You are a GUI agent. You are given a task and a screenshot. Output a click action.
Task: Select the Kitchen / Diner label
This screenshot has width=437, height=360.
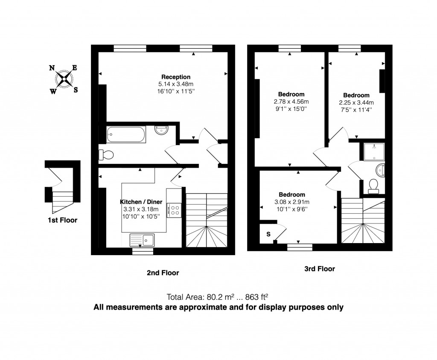pyautogui.click(x=140, y=202)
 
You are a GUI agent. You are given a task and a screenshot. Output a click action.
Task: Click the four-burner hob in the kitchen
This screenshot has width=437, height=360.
pyautogui.click(x=174, y=209)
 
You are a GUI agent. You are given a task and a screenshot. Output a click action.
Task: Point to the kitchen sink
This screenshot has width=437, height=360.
pyautogui.click(x=143, y=240)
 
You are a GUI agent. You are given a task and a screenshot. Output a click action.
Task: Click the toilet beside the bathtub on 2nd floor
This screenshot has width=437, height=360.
pyautogui.click(x=106, y=155)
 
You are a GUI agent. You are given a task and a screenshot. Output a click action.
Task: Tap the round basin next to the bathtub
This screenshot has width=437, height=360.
pyautogui.click(x=162, y=130)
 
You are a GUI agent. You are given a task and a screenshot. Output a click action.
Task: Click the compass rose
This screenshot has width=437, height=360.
pyautogui.click(x=64, y=79)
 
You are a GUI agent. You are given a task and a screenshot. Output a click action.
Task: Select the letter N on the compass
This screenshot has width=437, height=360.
pyautogui.click(x=52, y=68)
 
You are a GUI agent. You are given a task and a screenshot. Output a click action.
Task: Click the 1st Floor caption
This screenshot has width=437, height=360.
pyautogui.click(x=62, y=221)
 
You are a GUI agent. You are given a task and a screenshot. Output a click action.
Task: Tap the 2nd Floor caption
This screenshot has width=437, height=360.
pyautogui.click(x=163, y=273)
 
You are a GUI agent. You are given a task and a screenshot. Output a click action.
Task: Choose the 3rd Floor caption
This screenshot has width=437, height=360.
pyautogui.click(x=319, y=269)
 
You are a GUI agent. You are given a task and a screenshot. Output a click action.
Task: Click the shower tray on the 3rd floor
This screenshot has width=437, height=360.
pyautogui.click(x=374, y=151)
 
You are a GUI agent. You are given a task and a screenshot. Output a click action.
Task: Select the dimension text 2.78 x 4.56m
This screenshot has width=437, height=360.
pyautogui.click(x=291, y=102)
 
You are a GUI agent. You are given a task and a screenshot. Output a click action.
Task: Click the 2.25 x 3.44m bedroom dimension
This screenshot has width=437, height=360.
pyautogui.click(x=356, y=102)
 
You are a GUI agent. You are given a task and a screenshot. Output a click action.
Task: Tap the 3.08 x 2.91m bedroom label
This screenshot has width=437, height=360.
pyautogui.click(x=292, y=202)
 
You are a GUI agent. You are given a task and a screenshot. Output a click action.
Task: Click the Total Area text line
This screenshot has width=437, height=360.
pyautogui.click(x=218, y=297)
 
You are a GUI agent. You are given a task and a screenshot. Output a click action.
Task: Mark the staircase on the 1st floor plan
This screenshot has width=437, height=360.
pyautogui.click(x=62, y=201)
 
